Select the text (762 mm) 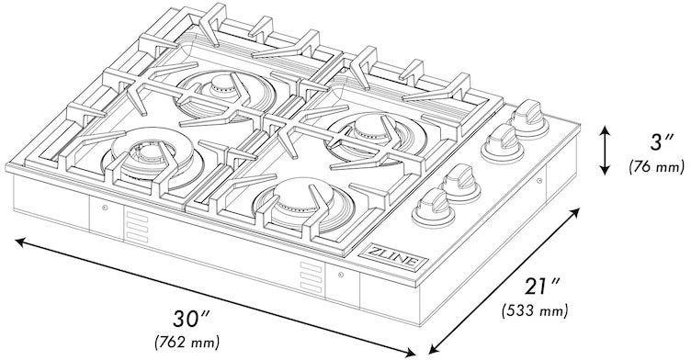pos(188,343)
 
